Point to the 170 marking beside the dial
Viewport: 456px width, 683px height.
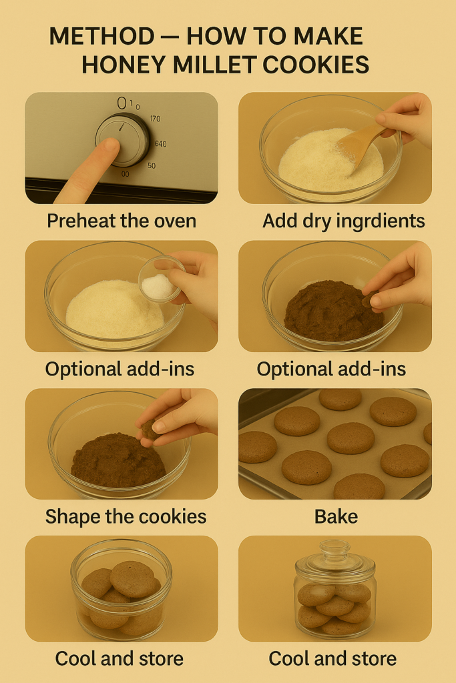155,119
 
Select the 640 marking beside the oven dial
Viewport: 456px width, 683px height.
160,144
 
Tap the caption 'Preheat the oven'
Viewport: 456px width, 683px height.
122,220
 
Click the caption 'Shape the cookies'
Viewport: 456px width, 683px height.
126,517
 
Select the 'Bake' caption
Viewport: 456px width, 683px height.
336,517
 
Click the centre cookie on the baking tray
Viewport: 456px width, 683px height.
351,438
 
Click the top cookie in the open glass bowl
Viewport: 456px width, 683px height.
133,579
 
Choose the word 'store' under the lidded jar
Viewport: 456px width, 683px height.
371,658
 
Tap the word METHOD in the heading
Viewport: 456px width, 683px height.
101,36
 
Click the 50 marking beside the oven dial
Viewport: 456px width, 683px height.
152,166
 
